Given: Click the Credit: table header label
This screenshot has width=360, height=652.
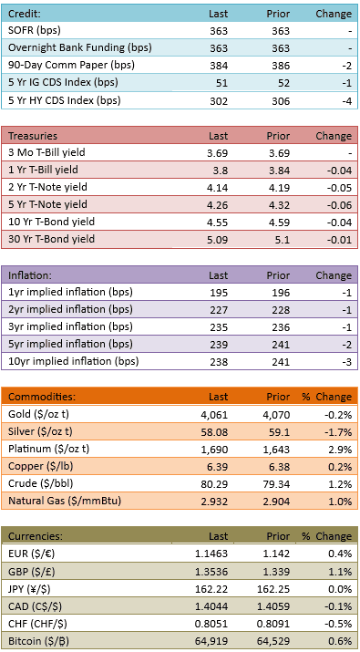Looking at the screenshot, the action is pos(25,14).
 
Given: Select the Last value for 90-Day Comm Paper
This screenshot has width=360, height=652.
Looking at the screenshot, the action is pos(219,66).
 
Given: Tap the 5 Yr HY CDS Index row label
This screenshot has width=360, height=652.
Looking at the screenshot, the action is pos(65,100).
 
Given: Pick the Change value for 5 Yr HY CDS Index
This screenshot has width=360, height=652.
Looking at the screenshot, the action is pos(346,101).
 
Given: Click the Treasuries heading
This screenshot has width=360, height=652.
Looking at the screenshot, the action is pos(33,136).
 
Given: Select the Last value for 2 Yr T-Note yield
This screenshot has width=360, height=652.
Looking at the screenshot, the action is pos(218,188).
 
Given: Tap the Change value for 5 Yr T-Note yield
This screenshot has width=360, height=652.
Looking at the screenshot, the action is pos(340,205).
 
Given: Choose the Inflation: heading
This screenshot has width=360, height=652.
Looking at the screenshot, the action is pos(28,275).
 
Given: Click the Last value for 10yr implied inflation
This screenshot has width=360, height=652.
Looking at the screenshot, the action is pos(219,362).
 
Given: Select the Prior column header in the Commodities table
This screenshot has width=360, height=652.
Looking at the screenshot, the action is pos(278,397).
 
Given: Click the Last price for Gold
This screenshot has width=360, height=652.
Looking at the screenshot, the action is pos(217,415).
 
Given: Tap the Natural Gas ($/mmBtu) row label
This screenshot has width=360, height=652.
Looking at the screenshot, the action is pos(65,501).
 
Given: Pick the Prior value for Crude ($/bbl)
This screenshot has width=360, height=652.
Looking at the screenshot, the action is pos(279,484).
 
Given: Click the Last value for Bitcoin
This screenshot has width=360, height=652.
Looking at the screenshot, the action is pos(214,642).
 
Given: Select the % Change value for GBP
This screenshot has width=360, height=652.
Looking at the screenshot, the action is pos(342,572).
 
